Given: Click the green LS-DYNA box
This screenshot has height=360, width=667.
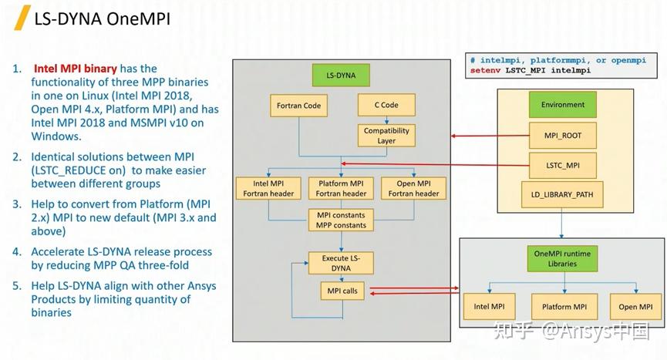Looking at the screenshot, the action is pyautogui.click(x=341, y=76).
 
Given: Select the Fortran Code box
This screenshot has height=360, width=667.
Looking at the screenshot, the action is pyautogui.click(x=298, y=106).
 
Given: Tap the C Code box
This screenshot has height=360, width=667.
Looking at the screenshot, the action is pyautogui.click(x=386, y=105).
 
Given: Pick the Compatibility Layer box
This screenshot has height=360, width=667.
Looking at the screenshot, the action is pyautogui.click(x=386, y=136).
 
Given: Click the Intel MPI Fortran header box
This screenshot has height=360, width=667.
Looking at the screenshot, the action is pyautogui.click(x=268, y=188).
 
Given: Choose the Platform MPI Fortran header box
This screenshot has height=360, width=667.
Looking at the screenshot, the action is pyautogui.click(x=341, y=188).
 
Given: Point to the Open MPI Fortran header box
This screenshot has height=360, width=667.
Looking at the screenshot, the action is pyautogui.click(x=413, y=188).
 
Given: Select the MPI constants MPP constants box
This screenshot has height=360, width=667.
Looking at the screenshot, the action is pyautogui.click(x=341, y=220).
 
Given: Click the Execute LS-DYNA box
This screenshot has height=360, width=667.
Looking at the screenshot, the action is pyautogui.click(x=341, y=263).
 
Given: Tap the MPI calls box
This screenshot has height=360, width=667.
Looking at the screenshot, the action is pyautogui.click(x=342, y=291).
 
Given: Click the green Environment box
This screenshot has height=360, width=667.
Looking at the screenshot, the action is pyautogui.click(x=562, y=105).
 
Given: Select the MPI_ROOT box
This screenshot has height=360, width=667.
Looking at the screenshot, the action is pyautogui.click(x=562, y=136).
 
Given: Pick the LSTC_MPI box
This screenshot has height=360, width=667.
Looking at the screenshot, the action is pyautogui.click(x=562, y=165).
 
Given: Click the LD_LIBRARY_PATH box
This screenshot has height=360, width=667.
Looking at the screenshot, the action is pyautogui.click(x=562, y=195).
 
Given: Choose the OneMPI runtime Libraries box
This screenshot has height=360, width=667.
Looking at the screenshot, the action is pyautogui.click(x=562, y=258).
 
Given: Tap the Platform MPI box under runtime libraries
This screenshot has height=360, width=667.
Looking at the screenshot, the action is pyautogui.click(x=564, y=307).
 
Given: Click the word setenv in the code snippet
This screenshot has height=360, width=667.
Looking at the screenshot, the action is pyautogui.click(x=485, y=70).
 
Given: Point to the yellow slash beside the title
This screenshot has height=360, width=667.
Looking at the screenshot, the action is pyautogui.click(x=22, y=18).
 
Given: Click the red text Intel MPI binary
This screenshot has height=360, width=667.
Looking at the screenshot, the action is pyautogui.click(x=76, y=69).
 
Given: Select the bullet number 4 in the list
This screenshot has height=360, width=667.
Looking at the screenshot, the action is pyautogui.click(x=17, y=251).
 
